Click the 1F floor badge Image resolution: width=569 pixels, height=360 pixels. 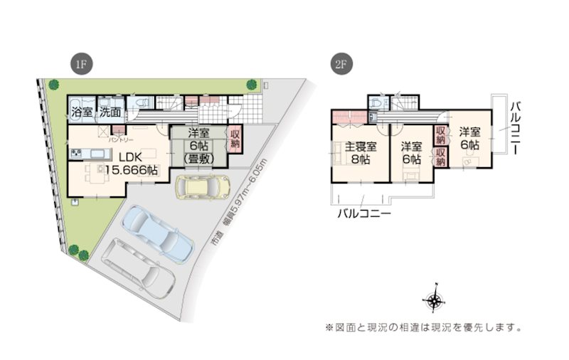80,65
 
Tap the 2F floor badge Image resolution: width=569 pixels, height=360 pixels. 340,65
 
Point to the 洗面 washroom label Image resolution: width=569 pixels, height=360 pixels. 110,112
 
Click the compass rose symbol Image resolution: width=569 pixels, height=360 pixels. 435,302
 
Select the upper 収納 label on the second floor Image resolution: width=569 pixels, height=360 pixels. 441,132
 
